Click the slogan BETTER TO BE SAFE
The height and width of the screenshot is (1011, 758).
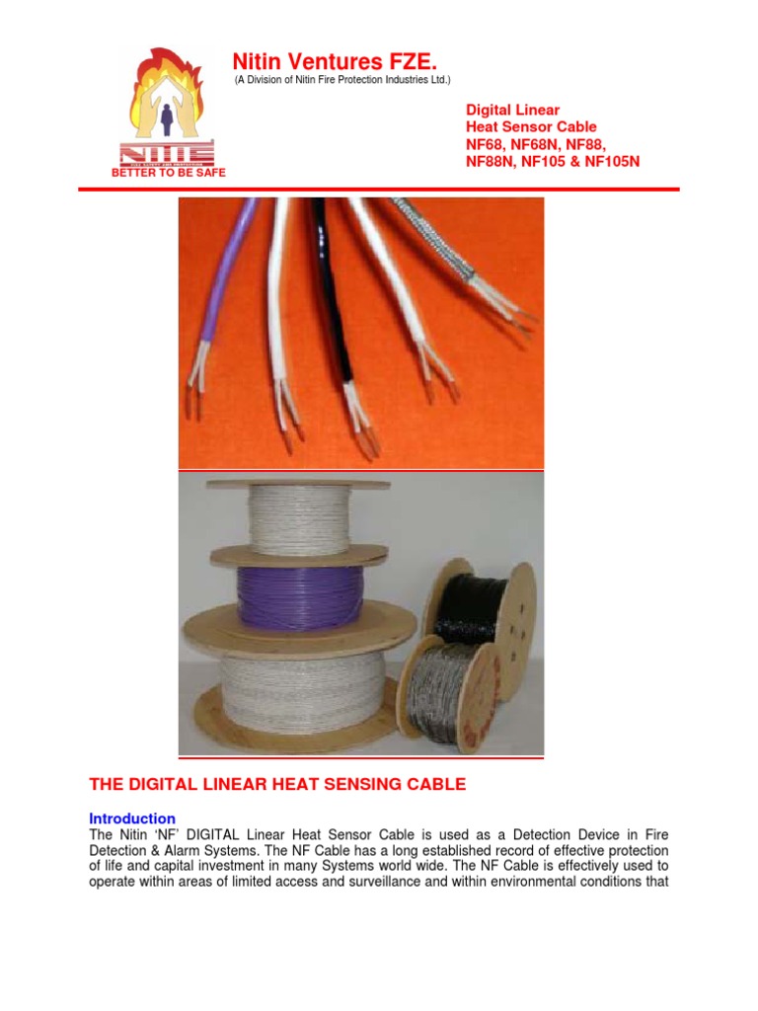[x=169, y=173]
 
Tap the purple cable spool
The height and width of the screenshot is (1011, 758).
[x=287, y=597]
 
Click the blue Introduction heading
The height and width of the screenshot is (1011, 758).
[x=132, y=818]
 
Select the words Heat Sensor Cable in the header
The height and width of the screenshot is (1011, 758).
[x=531, y=127]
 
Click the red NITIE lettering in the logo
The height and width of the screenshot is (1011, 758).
[x=167, y=154]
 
